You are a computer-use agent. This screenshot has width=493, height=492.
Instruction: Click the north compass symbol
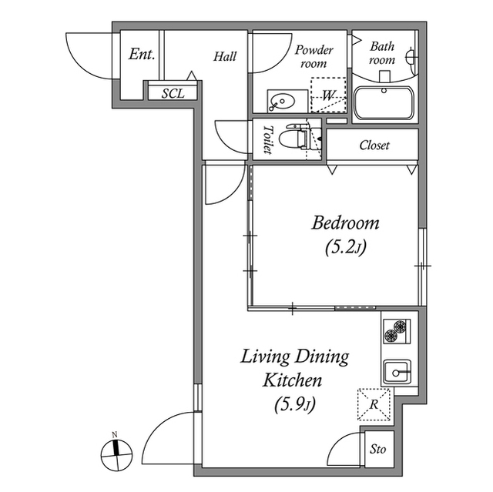[116, 454]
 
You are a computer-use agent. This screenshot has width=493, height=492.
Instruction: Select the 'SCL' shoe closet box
[173, 93]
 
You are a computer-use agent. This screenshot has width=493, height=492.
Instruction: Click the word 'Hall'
[225, 56]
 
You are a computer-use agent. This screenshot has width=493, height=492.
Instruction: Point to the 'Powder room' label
[314, 56]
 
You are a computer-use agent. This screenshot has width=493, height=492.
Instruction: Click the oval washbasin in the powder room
[282, 101]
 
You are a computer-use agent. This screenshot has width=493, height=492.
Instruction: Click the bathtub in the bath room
[384, 103]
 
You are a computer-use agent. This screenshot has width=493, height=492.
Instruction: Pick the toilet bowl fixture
[292, 138]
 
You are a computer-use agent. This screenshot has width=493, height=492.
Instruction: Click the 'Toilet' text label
[268, 139]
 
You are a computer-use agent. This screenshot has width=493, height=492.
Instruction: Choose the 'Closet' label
[374, 145]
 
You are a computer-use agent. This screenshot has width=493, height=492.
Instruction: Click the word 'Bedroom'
[345, 223]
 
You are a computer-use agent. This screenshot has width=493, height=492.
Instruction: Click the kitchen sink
[398, 372]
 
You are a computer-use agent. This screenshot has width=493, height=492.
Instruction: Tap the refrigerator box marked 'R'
[374, 403]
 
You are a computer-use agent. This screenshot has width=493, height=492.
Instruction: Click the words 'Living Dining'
[295, 356]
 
